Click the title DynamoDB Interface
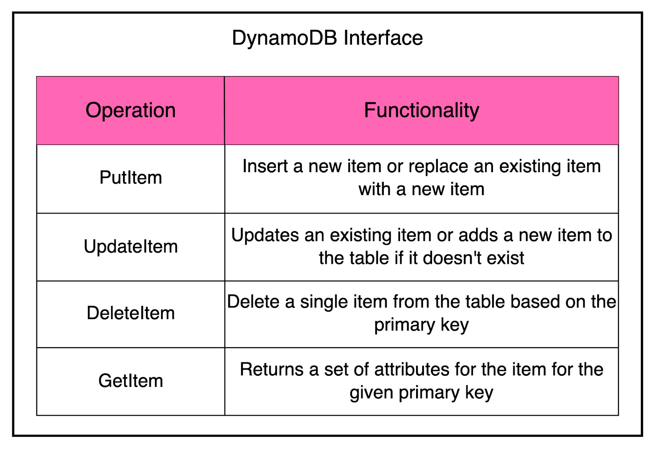(327, 38)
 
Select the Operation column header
(130, 110)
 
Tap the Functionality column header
(421, 110)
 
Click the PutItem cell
(130, 178)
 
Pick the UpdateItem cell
(130, 247)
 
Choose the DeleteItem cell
(130, 313)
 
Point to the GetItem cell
(130, 381)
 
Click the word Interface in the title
(383, 38)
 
